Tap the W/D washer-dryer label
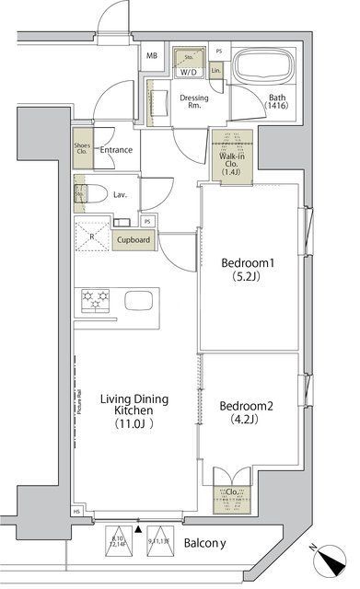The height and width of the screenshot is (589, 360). pos(189,71)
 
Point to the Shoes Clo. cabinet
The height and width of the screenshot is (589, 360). pos(82,149)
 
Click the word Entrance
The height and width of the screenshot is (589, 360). pos(117,150)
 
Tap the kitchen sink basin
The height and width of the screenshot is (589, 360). pos(143,301)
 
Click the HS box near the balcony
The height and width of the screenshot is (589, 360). pos(78,512)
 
